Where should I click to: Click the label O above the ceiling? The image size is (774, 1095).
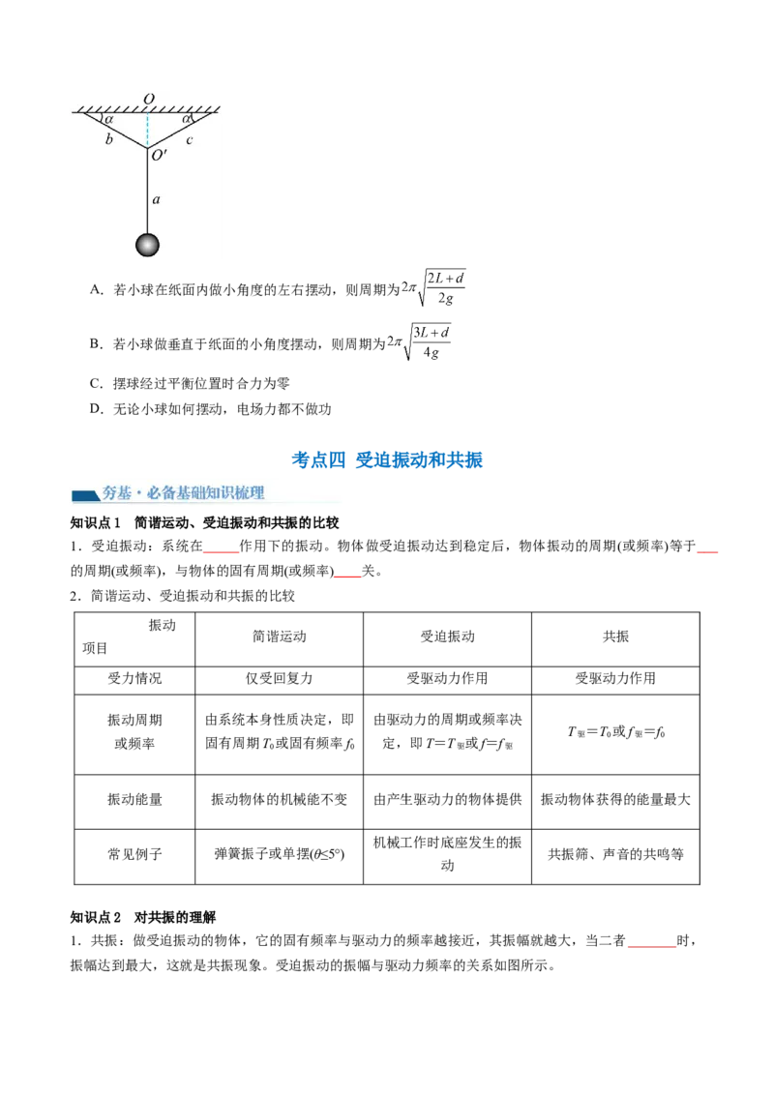148,99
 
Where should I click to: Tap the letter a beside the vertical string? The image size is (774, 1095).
156,200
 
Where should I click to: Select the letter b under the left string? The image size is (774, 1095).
108,140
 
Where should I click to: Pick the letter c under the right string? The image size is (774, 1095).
190,140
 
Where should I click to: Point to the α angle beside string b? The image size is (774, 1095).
109,120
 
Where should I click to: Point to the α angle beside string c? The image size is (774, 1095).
186,120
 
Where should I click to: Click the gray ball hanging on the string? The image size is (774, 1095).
147,245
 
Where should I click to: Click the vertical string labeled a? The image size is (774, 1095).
147,193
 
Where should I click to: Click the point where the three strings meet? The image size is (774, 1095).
147,148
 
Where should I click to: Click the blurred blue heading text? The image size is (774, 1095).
387,459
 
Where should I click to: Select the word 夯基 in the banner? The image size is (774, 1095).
116,493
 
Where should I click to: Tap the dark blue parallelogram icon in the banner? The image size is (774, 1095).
86,495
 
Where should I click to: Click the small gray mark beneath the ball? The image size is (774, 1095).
147,260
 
